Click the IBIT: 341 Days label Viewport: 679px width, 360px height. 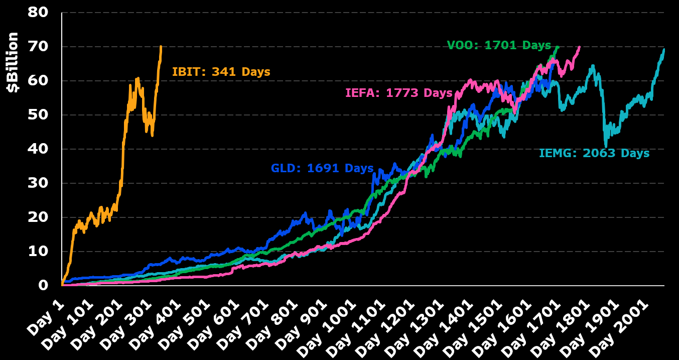pyautogui.click(x=221, y=72)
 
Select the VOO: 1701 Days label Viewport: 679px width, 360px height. pyautogui.click(x=499, y=45)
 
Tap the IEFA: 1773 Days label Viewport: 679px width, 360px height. pyautogui.click(x=398, y=93)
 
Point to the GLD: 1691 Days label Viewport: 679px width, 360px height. pyautogui.click(x=322, y=168)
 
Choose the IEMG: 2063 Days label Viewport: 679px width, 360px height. pyautogui.click(x=594, y=153)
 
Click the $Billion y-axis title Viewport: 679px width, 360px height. pyautogui.click(x=13, y=62)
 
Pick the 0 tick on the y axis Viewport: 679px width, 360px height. pyautogui.click(x=44, y=285)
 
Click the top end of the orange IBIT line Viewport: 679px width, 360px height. pyautogui.click(x=161, y=47)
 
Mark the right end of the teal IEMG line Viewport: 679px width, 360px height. pyautogui.click(x=664, y=49)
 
